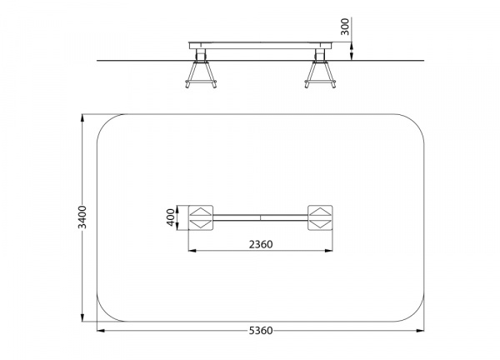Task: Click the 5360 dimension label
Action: (x=261, y=331)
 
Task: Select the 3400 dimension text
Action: (x=82, y=217)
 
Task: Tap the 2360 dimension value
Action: (x=261, y=244)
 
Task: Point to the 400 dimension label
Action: (x=171, y=217)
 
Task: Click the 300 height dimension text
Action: (x=345, y=27)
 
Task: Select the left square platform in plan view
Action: (x=201, y=217)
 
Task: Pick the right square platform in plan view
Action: (x=320, y=217)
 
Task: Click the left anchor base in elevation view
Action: (x=201, y=74)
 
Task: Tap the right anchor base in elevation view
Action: (x=320, y=74)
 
